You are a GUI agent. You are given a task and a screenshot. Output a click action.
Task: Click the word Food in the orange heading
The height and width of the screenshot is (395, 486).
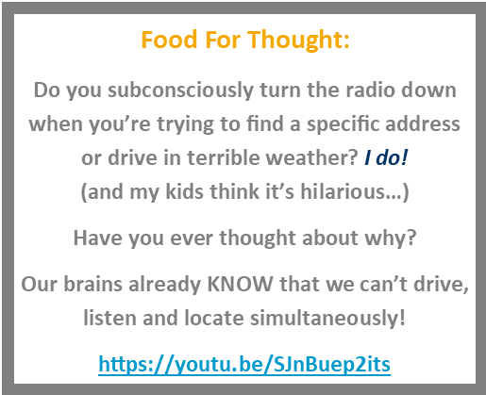pos(169,40)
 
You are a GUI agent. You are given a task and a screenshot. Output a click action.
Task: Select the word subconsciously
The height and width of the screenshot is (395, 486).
pos(180,91)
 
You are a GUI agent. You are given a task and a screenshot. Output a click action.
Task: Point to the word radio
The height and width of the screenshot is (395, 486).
pos(370,90)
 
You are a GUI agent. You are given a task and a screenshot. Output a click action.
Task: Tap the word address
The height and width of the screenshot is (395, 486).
pos(423,123)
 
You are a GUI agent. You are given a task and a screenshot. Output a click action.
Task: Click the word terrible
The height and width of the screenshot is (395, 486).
pos(223,157)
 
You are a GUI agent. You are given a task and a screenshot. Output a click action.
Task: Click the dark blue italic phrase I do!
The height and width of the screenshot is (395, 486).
pos(386,157)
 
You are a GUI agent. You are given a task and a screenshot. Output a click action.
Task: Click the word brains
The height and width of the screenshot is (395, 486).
pos(93,284)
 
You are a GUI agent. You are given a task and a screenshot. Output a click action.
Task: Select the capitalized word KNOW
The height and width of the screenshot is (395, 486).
pos(240,284)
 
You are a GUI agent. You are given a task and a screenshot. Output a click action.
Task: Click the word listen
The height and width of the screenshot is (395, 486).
pos(109,318)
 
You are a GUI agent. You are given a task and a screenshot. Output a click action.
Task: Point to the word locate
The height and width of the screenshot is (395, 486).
pos(214,318)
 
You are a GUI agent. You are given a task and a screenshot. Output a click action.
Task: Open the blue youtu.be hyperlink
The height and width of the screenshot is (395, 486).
pos(244,365)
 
